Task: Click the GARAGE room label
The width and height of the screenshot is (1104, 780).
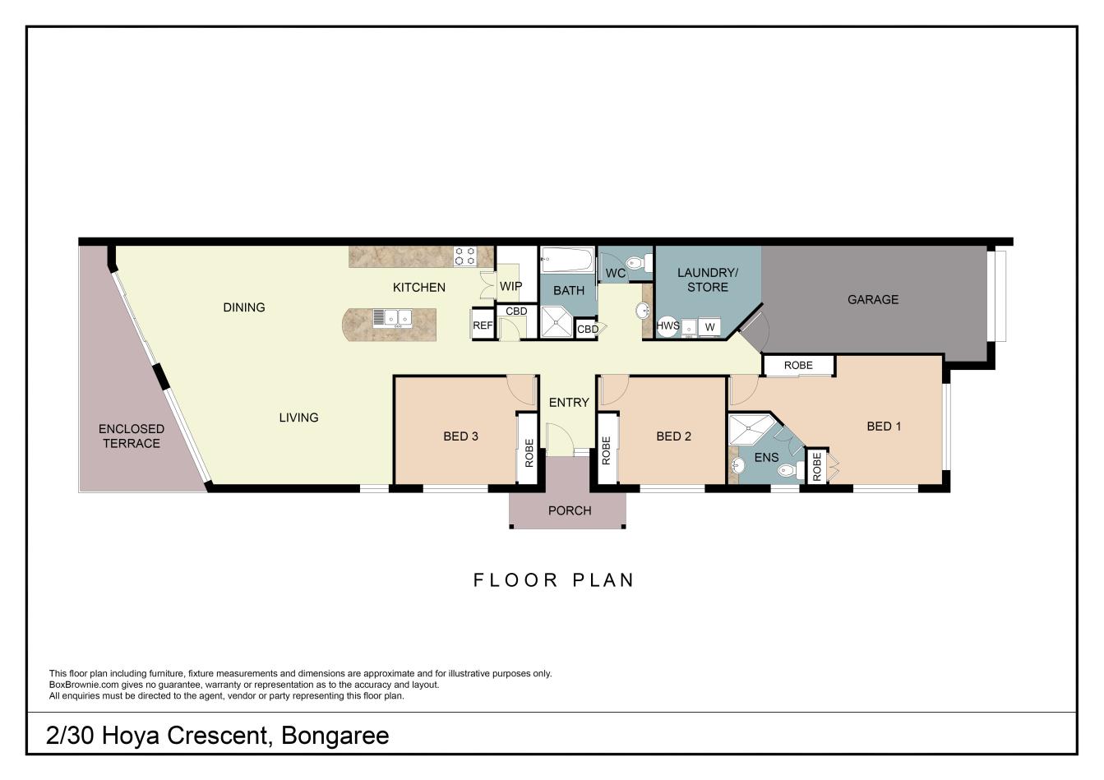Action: [872, 300]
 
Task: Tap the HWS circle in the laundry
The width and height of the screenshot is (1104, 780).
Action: [667, 326]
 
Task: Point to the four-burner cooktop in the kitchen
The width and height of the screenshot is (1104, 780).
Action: [465, 256]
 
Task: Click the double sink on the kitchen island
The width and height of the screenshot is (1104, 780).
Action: [392, 317]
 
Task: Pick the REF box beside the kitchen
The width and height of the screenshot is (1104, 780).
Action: [483, 325]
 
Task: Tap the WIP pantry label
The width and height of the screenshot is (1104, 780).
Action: [510, 287]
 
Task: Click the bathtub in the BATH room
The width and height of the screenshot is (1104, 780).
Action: [567, 262]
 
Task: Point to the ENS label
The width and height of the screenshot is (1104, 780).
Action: [765, 457]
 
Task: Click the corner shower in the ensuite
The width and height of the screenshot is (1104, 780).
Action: [748, 429]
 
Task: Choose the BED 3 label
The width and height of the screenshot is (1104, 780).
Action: [460, 436]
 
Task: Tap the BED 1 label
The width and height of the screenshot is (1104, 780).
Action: [884, 426]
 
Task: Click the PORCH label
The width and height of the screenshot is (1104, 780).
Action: [569, 510]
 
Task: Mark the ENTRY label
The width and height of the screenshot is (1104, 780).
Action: [569, 402]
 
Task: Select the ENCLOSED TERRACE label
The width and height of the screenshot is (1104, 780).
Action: [132, 436]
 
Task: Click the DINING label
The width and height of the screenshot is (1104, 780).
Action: [244, 307]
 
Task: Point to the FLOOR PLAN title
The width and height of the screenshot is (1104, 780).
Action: [553, 579]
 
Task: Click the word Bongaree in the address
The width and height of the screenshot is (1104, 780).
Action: [335, 735]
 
